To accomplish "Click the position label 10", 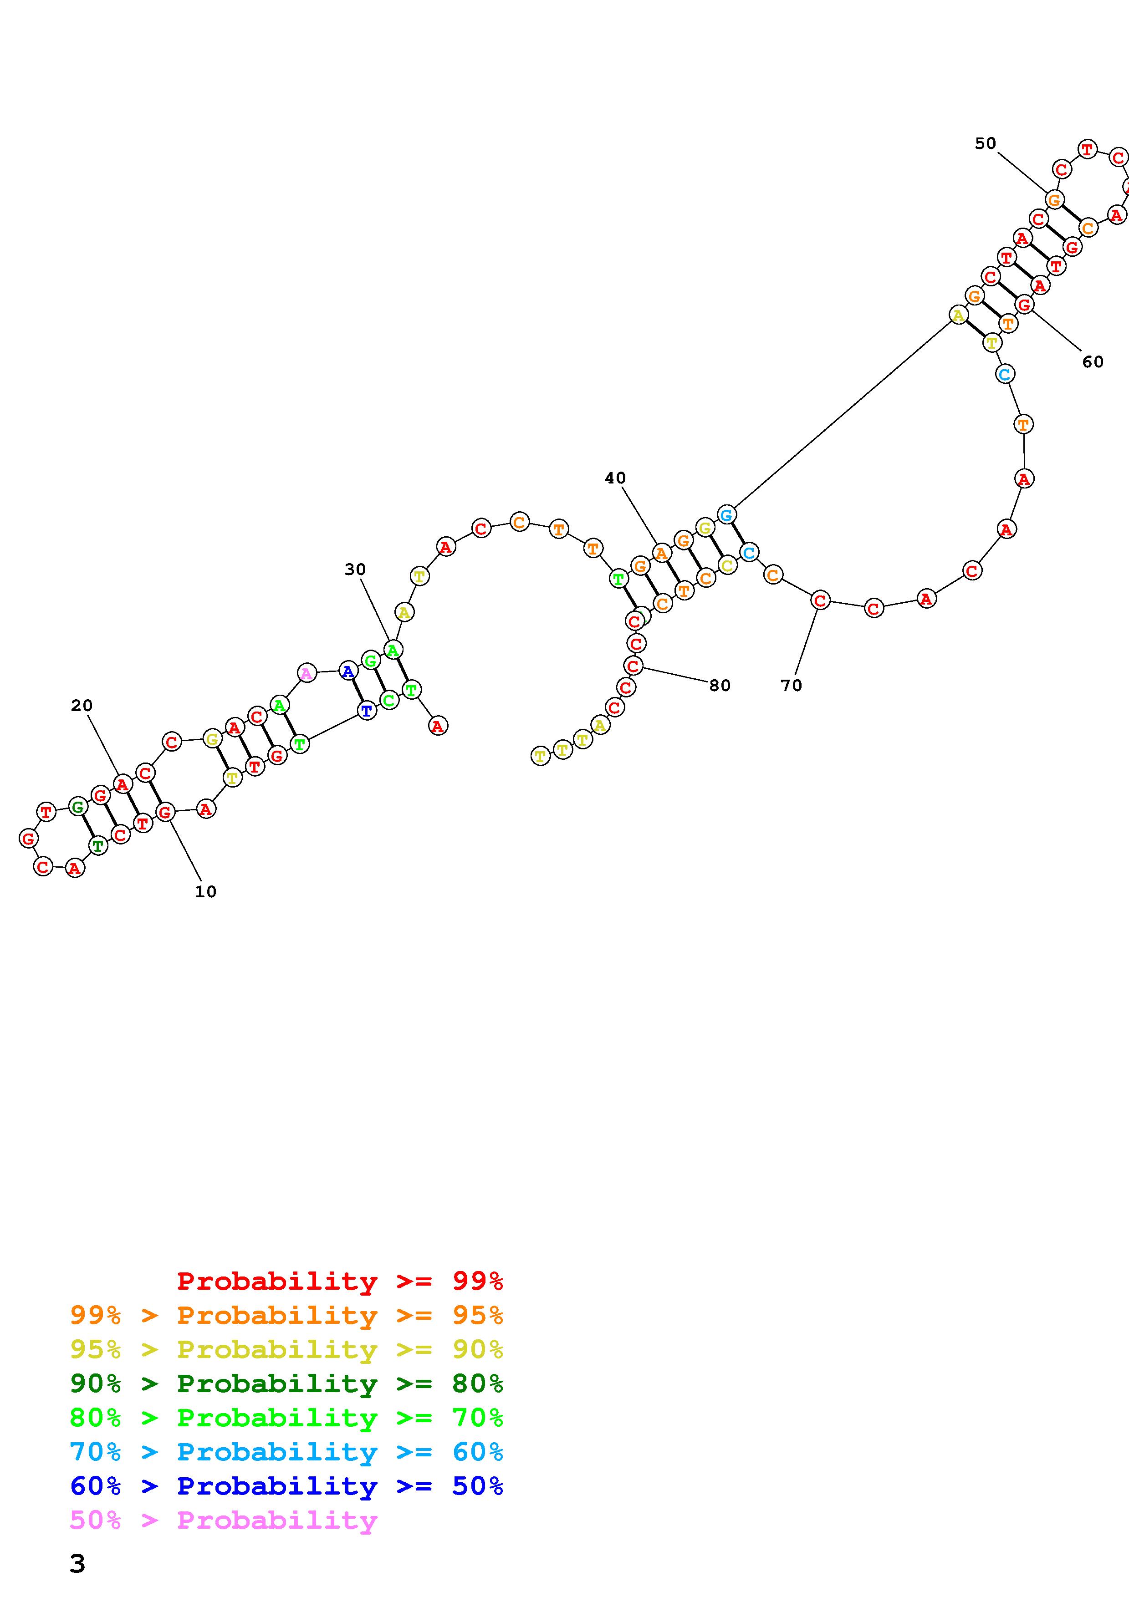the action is [x=206, y=892].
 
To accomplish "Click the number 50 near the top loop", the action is [x=985, y=143].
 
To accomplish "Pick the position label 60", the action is [x=1093, y=361].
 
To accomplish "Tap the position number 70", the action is [x=791, y=685].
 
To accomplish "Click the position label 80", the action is [x=720, y=685].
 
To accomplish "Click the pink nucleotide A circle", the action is [x=306, y=672].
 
